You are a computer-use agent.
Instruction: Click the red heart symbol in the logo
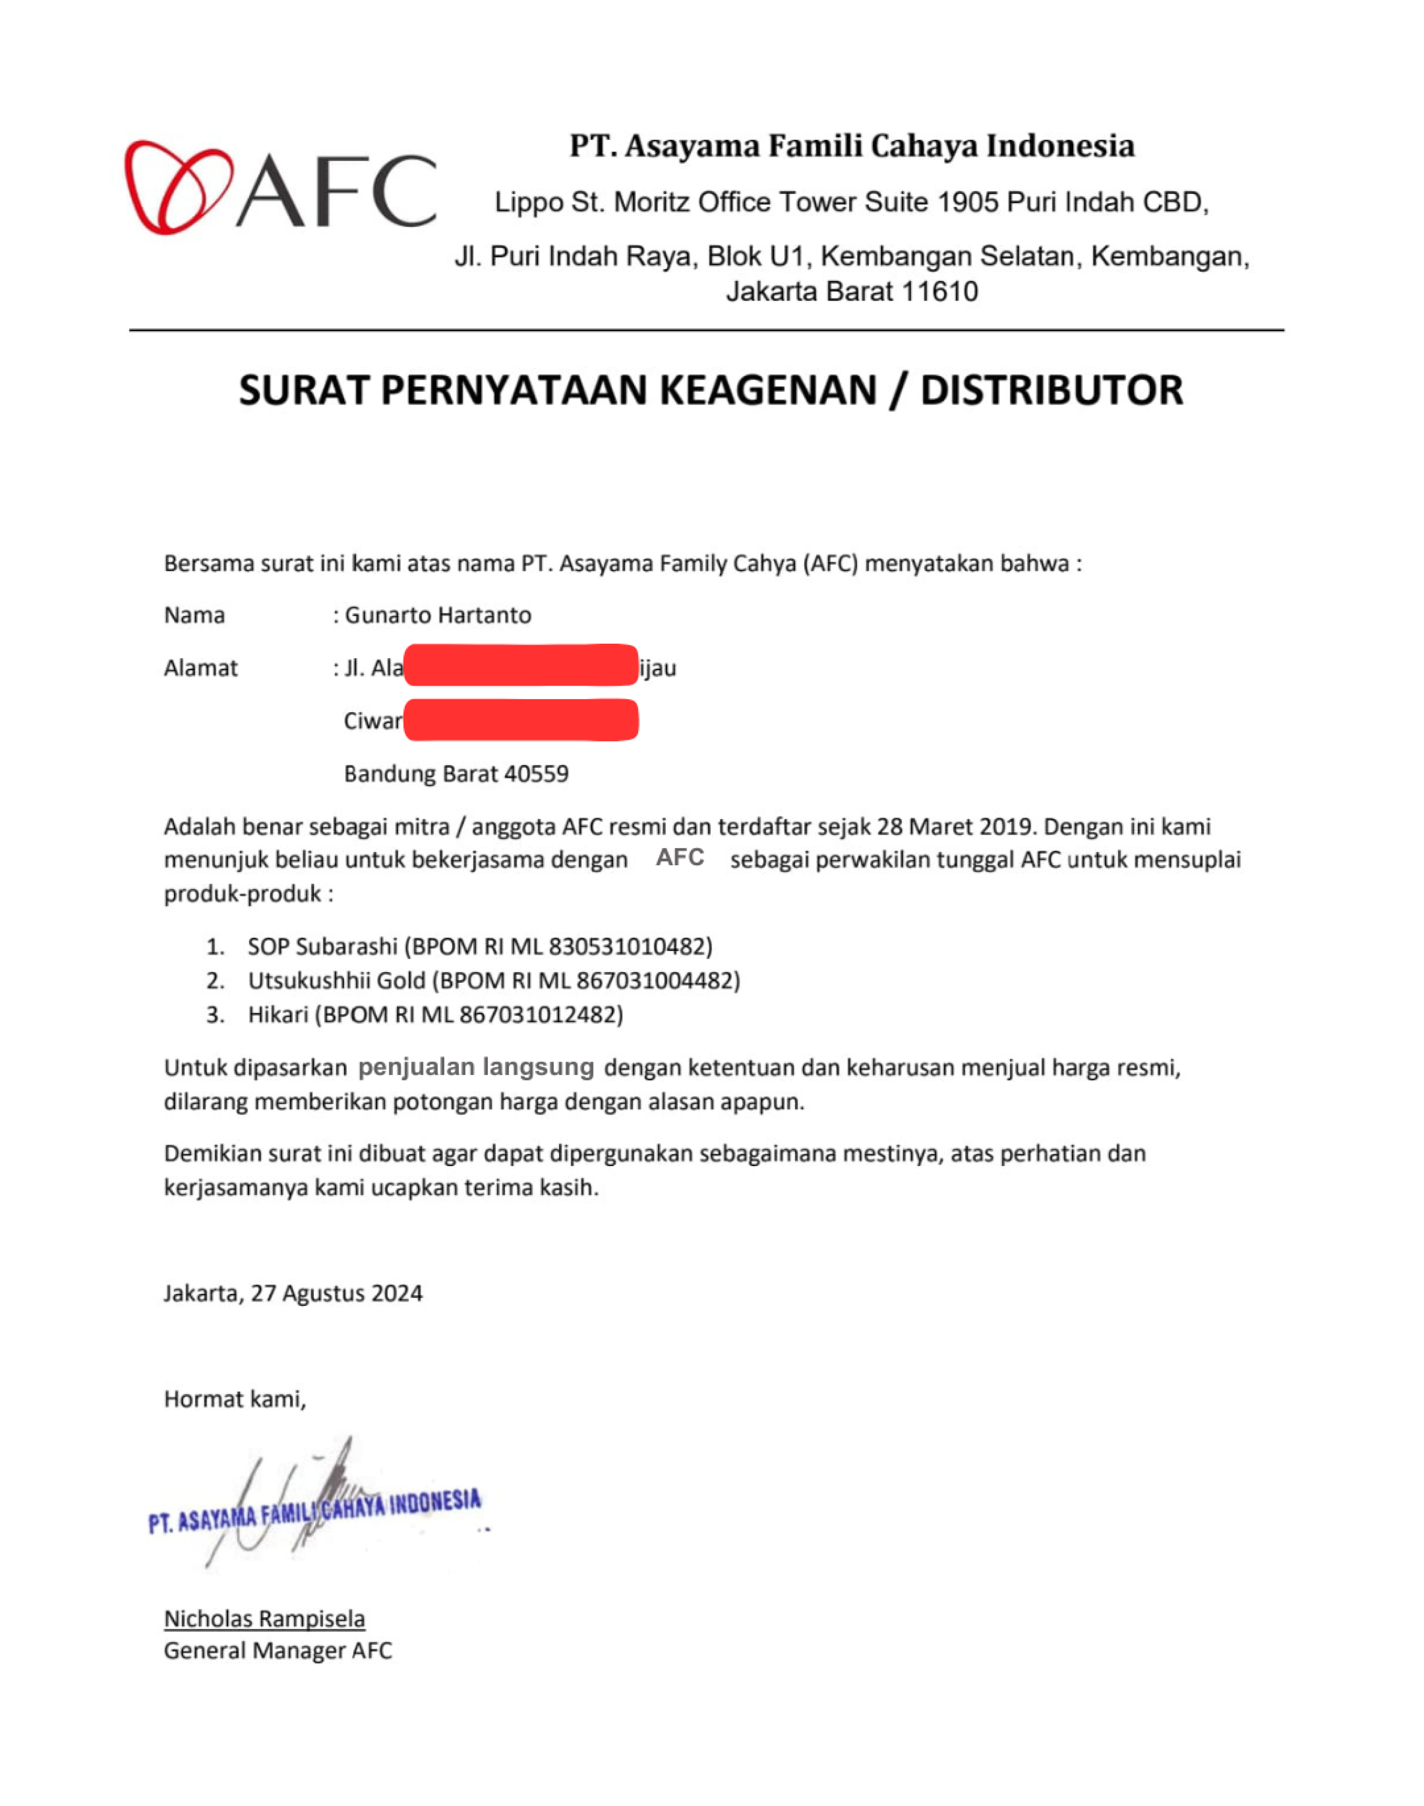tap(178, 188)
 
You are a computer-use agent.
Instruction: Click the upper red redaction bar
tap(521, 666)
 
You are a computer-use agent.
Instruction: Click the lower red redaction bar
tap(521, 721)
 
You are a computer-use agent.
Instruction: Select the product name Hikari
tap(277, 1015)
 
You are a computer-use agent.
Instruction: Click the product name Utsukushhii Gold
tap(336, 980)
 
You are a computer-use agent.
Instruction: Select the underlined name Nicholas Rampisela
tap(264, 1618)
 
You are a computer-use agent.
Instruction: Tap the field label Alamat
tap(201, 668)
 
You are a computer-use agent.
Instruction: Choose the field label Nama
tap(194, 615)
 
